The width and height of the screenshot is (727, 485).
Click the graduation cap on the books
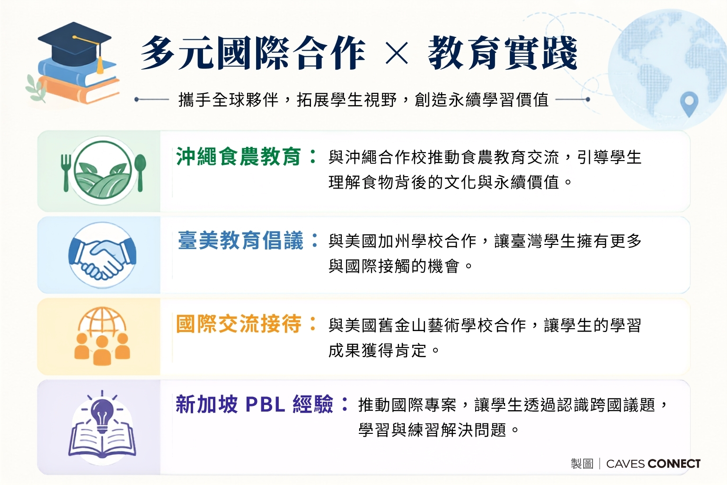click(75, 42)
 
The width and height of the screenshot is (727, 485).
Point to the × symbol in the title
click(396, 53)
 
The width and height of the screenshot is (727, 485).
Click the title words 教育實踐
click(502, 53)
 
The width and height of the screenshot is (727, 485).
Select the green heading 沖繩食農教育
click(239, 157)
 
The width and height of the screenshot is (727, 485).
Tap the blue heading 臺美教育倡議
click(240, 241)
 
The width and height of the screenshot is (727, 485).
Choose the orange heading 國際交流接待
click(239, 324)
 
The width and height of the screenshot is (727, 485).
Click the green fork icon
click(66, 172)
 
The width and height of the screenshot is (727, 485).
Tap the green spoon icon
click(140, 172)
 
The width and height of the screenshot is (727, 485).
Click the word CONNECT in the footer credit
click(674, 464)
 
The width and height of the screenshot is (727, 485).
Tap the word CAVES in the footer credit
click(625, 464)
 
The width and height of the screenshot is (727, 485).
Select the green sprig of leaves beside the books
click(36, 88)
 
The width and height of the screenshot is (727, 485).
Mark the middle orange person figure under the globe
click(102, 350)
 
